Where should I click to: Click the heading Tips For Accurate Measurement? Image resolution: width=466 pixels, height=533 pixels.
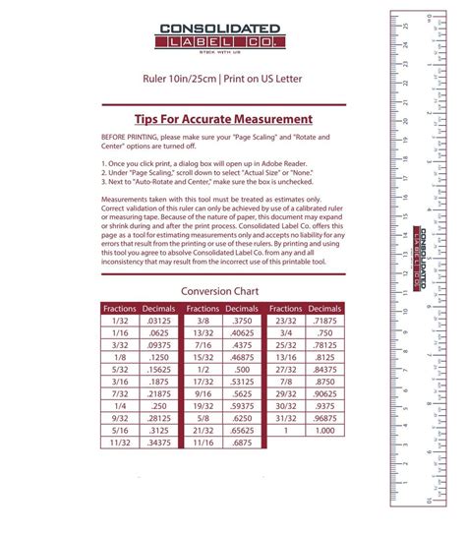pyautogui.click(x=222, y=119)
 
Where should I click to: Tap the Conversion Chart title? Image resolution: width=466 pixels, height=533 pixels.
pyautogui.click(x=221, y=292)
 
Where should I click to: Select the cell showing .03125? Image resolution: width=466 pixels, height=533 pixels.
pyautogui.click(x=158, y=321)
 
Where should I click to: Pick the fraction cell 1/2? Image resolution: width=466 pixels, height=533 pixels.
pyautogui.click(x=204, y=369)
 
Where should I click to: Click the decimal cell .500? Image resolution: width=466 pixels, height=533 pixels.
pyautogui.click(x=242, y=369)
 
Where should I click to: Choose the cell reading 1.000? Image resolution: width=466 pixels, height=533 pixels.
pyautogui.click(x=325, y=430)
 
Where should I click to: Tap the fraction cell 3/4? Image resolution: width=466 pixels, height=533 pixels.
pyautogui.click(x=286, y=332)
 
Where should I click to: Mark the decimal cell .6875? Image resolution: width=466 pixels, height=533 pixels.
pyautogui.click(x=242, y=443)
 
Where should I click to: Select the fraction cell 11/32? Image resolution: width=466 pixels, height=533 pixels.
pyautogui.click(x=120, y=443)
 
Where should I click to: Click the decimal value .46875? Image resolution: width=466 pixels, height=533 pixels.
pyautogui.click(x=242, y=357)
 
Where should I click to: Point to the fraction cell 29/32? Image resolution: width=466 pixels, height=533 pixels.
pyautogui.click(x=286, y=393)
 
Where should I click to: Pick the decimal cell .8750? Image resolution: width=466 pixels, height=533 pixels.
pyautogui.click(x=325, y=381)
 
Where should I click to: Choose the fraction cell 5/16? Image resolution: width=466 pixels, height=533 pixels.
pyautogui.click(x=120, y=430)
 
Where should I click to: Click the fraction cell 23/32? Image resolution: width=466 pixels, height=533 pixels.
pyautogui.click(x=286, y=321)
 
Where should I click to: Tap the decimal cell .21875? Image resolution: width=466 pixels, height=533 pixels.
pyautogui.click(x=158, y=393)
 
